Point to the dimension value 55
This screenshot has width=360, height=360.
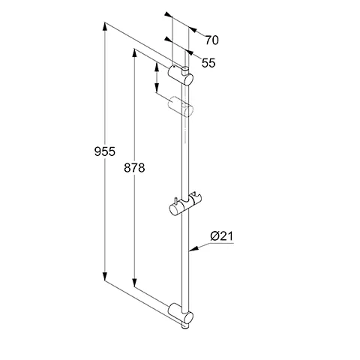click(x=208, y=64)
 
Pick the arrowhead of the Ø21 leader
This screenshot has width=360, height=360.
click(x=190, y=248)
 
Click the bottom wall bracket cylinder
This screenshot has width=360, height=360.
click(x=180, y=311)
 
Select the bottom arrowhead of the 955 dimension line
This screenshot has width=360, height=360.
click(x=103, y=278)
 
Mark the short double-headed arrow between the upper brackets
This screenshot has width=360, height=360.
click(x=156, y=77)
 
